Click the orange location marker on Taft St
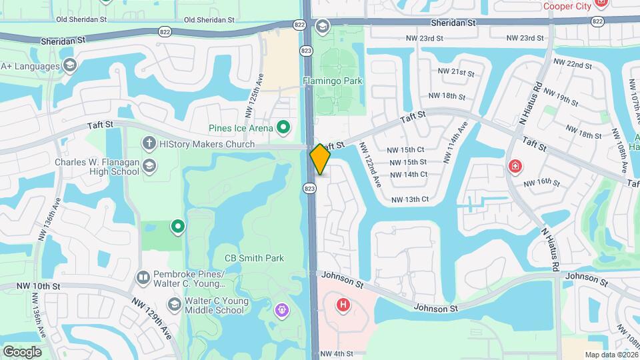tap(320, 159)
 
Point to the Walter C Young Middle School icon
tap(174, 305)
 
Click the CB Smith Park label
tap(253, 259)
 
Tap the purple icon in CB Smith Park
tap(281, 310)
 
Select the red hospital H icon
tap(343, 305)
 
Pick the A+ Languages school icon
tap(69, 65)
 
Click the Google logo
tap(21, 351)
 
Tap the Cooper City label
tap(567, 6)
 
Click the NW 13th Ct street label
tap(409, 199)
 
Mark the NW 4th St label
tap(335, 354)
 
